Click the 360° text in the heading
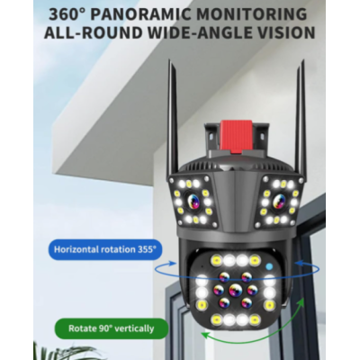[x=67, y=14]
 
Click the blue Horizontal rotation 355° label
[x=105, y=249]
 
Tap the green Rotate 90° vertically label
[x=111, y=328]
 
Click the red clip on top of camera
[x=236, y=136]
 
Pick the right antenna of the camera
[x=299, y=119]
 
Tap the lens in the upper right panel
[x=279, y=200]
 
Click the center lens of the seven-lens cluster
[x=235, y=290]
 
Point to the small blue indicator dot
[x=270, y=265]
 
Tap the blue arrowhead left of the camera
[x=172, y=264]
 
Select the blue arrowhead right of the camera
[x=299, y=263]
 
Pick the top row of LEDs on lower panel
[x=235, y=260]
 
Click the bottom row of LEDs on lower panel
[x=235, y=319]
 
